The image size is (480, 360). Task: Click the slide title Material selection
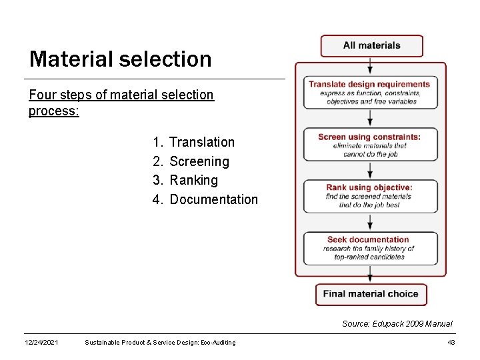click(120, 59)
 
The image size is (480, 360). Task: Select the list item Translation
click(202, 142)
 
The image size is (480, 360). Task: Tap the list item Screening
click(199, 161)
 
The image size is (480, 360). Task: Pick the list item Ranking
click(193, 180)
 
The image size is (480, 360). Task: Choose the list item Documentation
click(213, 199)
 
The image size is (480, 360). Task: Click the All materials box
click(371, 46)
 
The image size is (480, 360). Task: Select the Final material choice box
click(371, 294)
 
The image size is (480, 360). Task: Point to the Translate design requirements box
click(371, 93)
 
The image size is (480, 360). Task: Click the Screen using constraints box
click(371, 145)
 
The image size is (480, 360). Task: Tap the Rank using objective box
click(371, 196)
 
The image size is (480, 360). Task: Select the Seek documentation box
click(371, 248)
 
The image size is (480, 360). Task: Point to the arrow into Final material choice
click(371, 274)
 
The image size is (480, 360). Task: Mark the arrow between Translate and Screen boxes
click(371, 118)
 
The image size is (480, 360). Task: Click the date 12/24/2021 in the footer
click(41, 343)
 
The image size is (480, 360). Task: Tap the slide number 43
click(451, 343)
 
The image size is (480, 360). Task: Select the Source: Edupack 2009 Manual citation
click(397, 323)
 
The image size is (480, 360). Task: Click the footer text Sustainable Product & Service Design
click(160, 343)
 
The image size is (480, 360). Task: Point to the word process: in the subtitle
click(54, 111)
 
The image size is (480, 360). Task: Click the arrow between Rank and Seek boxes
click(371, 222)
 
